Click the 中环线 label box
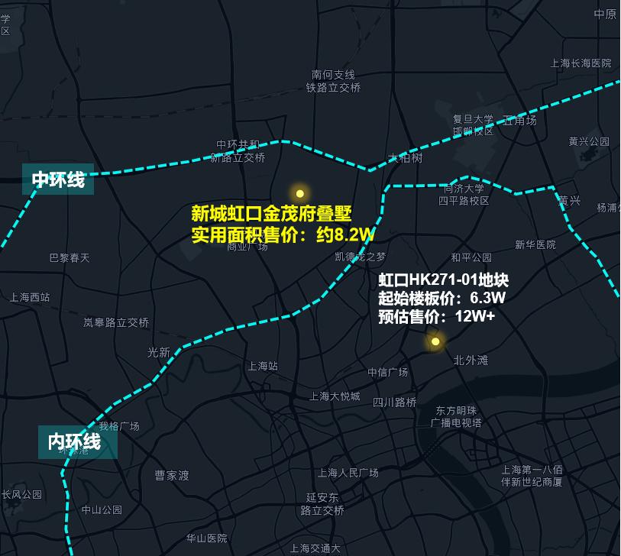58,179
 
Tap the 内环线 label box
77,441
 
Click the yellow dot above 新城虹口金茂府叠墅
300,193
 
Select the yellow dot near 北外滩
435,341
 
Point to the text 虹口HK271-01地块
443,280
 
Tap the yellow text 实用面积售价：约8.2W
283,234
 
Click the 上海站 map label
263,366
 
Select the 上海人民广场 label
348,473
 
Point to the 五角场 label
519,121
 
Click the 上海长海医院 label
581,63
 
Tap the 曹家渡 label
172,475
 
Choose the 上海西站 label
30,297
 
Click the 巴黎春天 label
70,258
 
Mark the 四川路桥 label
395,402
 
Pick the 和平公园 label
471,257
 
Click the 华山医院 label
207,538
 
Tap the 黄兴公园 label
589,141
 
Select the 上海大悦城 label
335,396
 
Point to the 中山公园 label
102,509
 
